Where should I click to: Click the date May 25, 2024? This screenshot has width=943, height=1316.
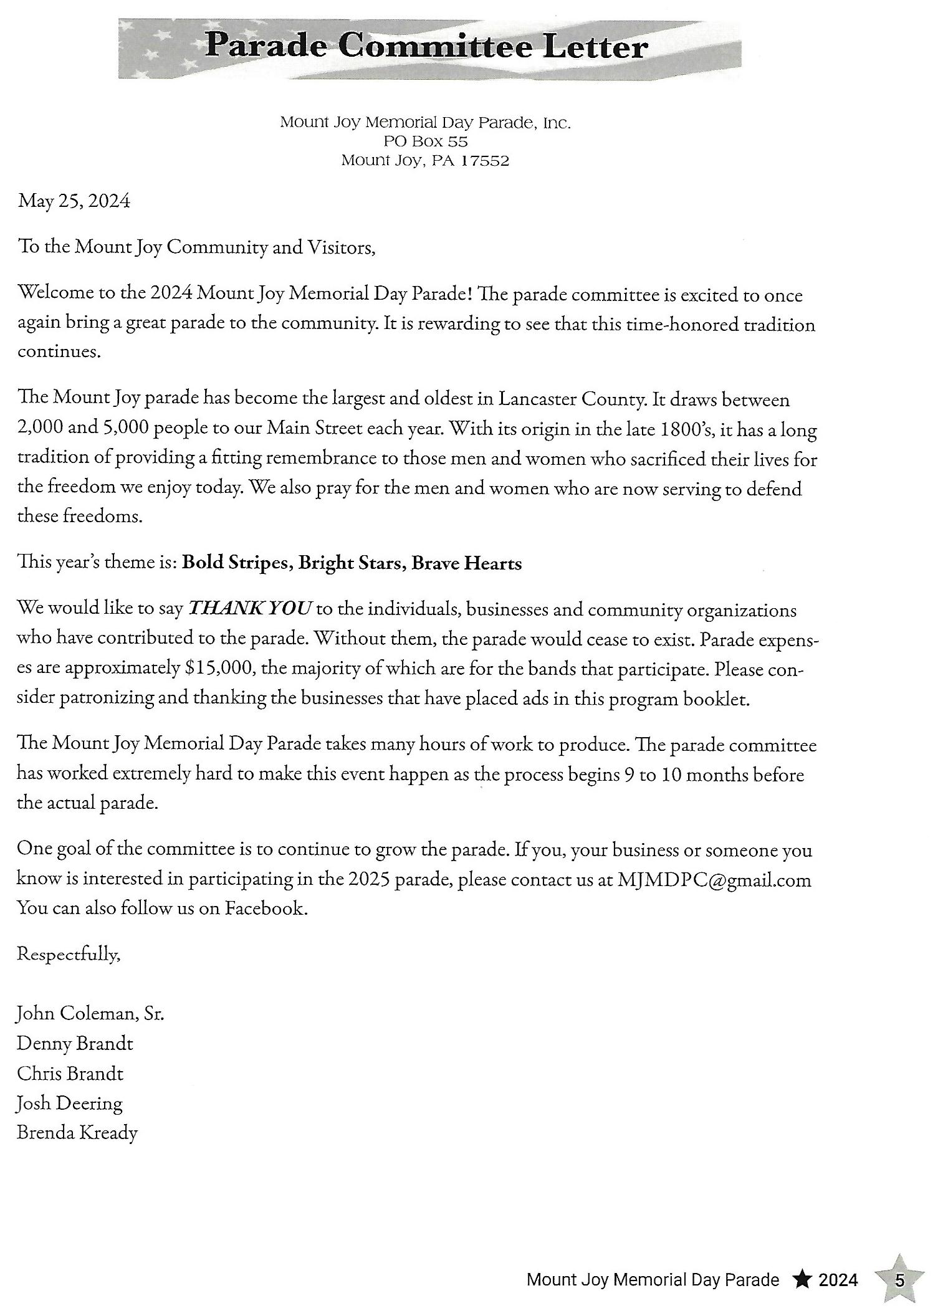tap(74, 201)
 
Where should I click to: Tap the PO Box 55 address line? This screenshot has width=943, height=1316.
tap(426, 141)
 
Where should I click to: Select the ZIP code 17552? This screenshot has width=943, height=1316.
tap(485, 161)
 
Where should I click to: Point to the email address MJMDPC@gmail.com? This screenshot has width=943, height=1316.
tap(714, 880)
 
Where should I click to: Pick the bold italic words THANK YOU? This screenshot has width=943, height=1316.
tap(249, 608)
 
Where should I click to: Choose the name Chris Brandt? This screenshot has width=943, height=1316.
tap(70, 1074)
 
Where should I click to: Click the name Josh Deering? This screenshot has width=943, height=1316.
tap(70, 1104)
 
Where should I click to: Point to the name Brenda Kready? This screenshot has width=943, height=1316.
tap(77, 1133)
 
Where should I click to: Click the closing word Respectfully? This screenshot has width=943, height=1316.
tap(68, 954)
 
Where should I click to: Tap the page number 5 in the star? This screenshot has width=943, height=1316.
tap(899, 1280)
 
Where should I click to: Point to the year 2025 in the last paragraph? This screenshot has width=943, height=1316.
tap(369, 879)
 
